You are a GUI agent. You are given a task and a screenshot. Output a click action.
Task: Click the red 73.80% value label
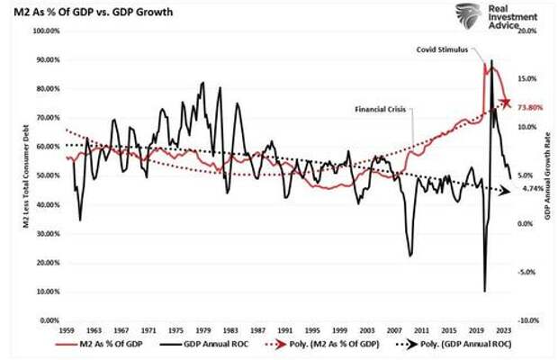click(532, 106)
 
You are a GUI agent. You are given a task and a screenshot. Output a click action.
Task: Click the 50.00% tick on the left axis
click(45, 175)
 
